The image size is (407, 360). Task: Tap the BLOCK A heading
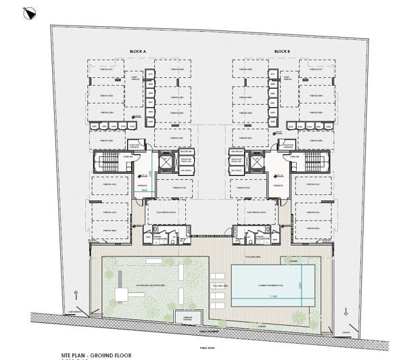pos(139,51)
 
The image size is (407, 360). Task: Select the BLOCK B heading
pos(283,51)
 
